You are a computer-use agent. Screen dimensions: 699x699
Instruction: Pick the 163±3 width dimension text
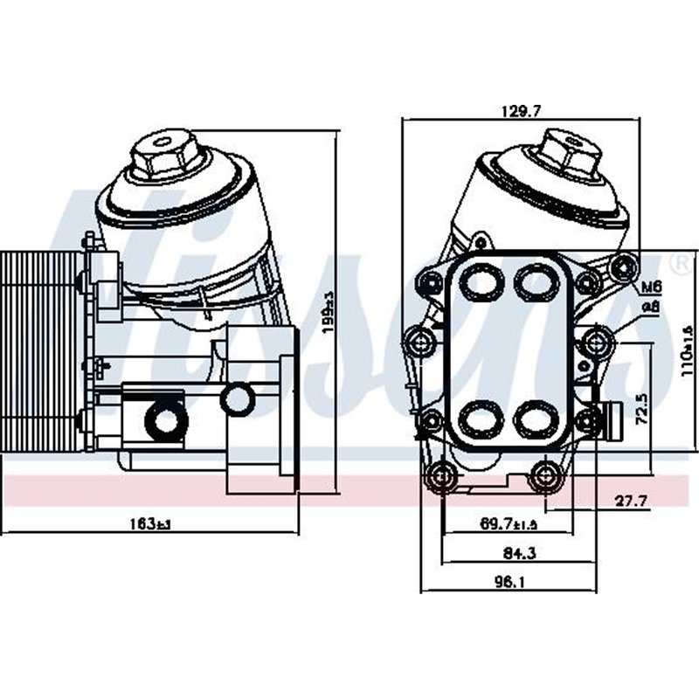coord(149,524)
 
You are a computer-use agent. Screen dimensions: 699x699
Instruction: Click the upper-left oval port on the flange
coord(477,282)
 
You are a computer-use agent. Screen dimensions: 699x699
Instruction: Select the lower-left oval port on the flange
coord(477,419)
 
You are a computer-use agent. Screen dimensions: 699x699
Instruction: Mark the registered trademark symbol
coord(675,262)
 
